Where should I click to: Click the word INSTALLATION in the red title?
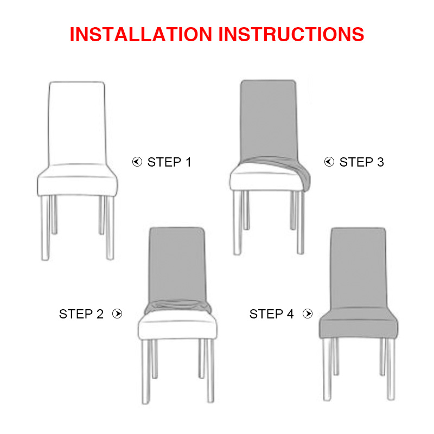pyautogui.click(x=141, y=34)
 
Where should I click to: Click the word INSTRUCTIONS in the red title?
pyautogui.click(x=291, y=34)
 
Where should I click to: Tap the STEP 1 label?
pyautogui.click(x=169, y=162)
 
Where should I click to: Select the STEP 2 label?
pyautogui.click(x=81, y=314)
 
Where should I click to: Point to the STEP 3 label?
pyautogui.click(x=361, y=162)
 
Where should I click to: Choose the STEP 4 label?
pyautogui.click(x=271, y=314)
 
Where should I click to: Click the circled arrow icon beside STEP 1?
pyautogui.click(x=137, y=162)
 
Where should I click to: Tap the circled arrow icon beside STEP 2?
pyautogui.click(x=117, y=314)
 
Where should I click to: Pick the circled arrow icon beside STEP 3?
pyautogui.click(x=329, y=162)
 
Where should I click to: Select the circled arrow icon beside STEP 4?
pyautogui.click(x=308, y=314)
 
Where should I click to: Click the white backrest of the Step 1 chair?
pyautogui.click(x=77, y=123)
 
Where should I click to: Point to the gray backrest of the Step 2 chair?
pyautogui.click(x=177, y=264)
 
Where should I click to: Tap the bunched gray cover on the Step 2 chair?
pyautogui.click(x=177, y=306)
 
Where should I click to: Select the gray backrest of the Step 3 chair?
pyautogui.click(x=269, y=119)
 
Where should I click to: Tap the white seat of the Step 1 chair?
pyautogui.click(x=77, y=180)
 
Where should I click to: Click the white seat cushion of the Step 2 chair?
pyautogui.click(x=177, y=326)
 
